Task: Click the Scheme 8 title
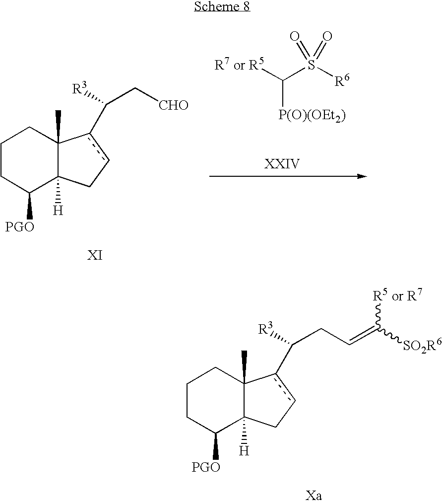coord(222,6)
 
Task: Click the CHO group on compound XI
coord(174,105)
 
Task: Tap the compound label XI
coord(95,256)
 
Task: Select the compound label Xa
coord(313,496)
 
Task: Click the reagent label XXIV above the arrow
coord(282,164)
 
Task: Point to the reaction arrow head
coord(362,176)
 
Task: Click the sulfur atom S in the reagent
coord(311,65)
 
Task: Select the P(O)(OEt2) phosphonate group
coord(312,116)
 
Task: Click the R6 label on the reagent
coord(342,80)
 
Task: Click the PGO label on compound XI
coord(19,227)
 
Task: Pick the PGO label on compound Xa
coord(206,467)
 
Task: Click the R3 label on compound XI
coord(79,88)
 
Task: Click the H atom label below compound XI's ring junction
coord(58,211)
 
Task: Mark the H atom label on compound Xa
coord(244,451)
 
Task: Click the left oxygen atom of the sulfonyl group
coord(294,36)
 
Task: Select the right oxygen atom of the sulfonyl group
coord(327,36)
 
